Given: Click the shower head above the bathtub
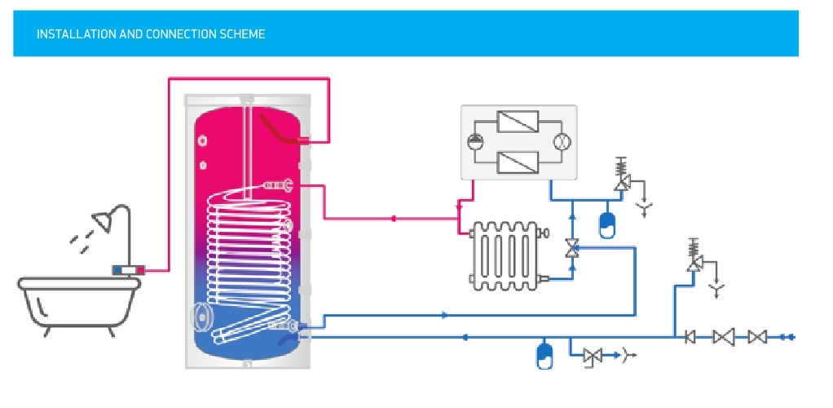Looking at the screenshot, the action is click(103, 221).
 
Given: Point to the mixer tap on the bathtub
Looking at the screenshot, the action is click(128, 270).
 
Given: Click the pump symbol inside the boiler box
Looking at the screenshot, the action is click(474, 142).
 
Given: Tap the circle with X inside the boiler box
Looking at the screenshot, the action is click(561, 142).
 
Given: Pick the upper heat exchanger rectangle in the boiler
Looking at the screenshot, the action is click(518, 122).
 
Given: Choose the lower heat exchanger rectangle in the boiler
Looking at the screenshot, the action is click(518, 162).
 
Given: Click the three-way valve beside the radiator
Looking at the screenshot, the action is click(571, 248).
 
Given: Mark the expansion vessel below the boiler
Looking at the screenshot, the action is click(606, 225).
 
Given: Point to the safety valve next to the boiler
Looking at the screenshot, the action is click(621, 175).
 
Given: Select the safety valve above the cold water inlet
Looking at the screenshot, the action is click(694, 255).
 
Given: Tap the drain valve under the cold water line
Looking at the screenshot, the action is click(593, 356).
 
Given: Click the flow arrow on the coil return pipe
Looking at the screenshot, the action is click(445, 316).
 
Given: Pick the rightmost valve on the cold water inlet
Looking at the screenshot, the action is click(757, 337).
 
